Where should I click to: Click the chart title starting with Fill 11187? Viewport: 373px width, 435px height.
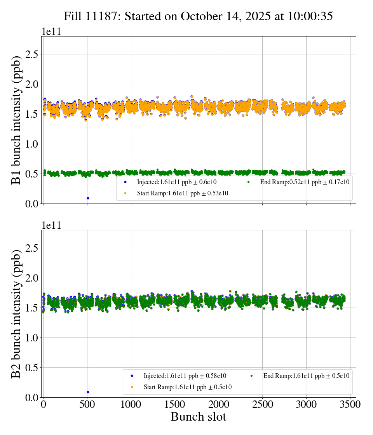(x=198, y=16)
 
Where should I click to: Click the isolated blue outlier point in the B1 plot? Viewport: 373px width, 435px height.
(x=88, y=198)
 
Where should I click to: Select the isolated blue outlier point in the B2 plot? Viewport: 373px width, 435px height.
(x=88, y=392)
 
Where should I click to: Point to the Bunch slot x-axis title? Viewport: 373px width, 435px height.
(x=198, y=417)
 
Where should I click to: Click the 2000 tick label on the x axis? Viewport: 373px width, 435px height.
(x=219, y=404)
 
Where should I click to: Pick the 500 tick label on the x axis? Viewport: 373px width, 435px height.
(x=87, y=404)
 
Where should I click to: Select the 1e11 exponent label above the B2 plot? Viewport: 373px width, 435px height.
(x=51, y=225)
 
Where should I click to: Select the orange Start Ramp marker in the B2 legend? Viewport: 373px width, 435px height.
(x=132, y=387)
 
